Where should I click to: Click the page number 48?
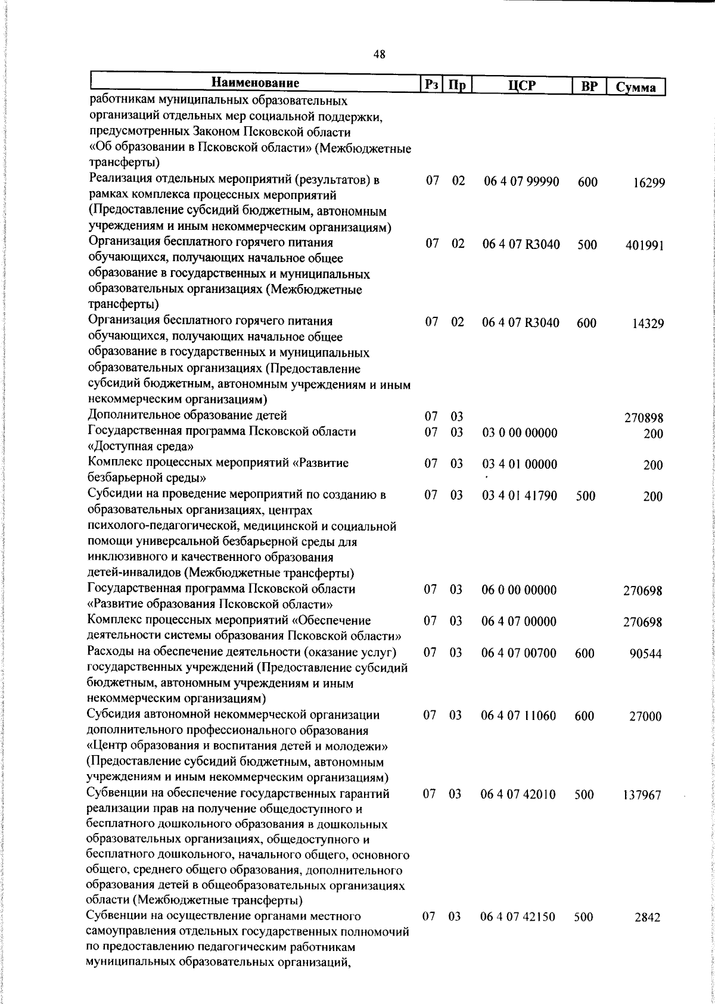pyautogui.click(x=379, y=55)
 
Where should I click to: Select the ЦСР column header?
pyautogui.click(x=522, y=85)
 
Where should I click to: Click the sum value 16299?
pyautogui.click(x=649, y=183)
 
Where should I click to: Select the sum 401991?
pyautogui.click(x=645, y=245)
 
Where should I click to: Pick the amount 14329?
pyautogui.click(x=648, y=324)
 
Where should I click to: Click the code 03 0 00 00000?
pyautogui.click(x=520, y=433)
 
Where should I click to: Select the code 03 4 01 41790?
pyautogui.click(x=519, y=495)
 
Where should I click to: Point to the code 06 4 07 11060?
pyautogui.click(x=518, y=716)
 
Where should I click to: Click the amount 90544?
pyautogui.click(x=646, y=654)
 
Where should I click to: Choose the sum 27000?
pyautogui.click(x=646, y=717)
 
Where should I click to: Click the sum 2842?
pyautogui.click(x=648, y=934)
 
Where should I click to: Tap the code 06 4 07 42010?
pyautogui.click(x=518, y=794)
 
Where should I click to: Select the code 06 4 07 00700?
pyautogui.click(x=518, y=653)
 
